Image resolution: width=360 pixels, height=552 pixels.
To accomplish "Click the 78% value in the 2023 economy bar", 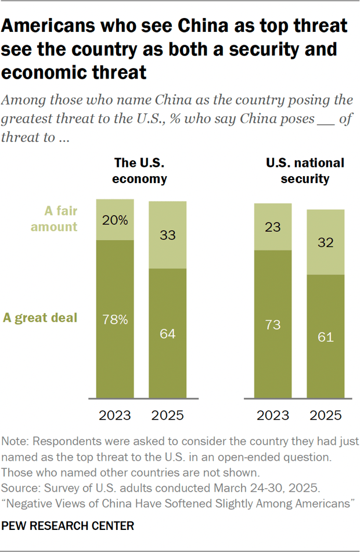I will click(x=115, y=319).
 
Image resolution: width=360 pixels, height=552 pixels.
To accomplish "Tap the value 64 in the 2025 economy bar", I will click(x=168, y=334).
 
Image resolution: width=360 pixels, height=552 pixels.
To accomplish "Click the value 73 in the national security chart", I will click(x=273, y=325).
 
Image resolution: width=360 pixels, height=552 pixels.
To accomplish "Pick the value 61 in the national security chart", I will click(x=326, y=337).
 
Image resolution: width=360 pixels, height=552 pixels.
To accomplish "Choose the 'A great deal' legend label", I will click(x=41, y=318).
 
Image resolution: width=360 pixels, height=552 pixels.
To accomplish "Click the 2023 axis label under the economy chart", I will click(x=115, y=415).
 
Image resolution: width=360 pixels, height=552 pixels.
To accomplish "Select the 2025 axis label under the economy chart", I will click(x=168, y=415).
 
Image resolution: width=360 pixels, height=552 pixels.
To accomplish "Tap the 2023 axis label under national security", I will click(x=273, y=415).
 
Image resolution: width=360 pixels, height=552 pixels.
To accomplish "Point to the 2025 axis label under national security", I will click(x=326, y=415).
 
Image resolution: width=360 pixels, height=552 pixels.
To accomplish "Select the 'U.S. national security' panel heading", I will click(x=305, y=171).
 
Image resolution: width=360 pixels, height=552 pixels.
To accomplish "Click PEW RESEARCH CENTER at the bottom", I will click(x=69, y=526).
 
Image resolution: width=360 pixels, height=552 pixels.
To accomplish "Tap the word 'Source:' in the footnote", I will click(x=20, y=486).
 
